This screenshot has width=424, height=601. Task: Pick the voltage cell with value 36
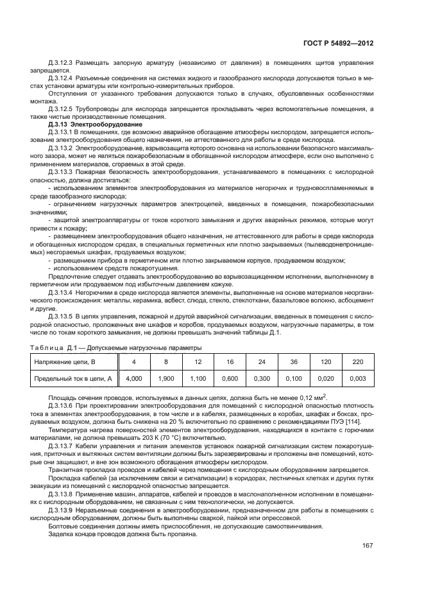point(293,362)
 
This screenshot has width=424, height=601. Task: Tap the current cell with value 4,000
point(133,379)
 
